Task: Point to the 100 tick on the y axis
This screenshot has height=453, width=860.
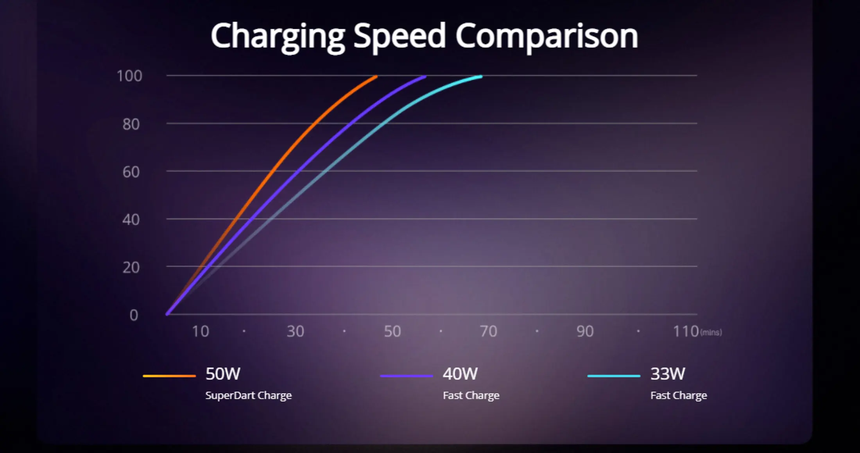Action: pos(129,76)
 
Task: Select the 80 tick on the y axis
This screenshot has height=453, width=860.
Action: pos(131,124)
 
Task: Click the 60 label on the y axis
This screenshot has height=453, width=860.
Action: pos(131,172)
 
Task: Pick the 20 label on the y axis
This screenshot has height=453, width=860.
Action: pos(131,268)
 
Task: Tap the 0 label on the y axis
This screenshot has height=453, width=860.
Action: pos(134,315)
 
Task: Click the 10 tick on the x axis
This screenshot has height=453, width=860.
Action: pos(200,332)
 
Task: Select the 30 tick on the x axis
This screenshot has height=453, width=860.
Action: pos(295,332)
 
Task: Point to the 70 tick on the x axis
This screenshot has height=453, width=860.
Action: pos(488,332)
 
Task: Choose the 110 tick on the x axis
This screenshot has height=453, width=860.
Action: pos(686,332)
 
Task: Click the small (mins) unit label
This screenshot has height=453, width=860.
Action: pos(711,332)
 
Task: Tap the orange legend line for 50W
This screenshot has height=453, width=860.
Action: pos(169,376)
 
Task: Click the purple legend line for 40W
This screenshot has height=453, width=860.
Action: pos(407,376)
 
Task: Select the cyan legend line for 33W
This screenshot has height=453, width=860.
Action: pos(614,376)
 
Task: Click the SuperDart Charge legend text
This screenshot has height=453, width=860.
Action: pos(249,396)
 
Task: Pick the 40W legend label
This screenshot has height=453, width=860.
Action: pos(460,374)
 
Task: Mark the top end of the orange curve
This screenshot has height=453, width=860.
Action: pos(376,77)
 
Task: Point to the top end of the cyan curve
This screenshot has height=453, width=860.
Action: pos(481,77)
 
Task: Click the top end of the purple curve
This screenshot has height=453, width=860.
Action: pos(425,77)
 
